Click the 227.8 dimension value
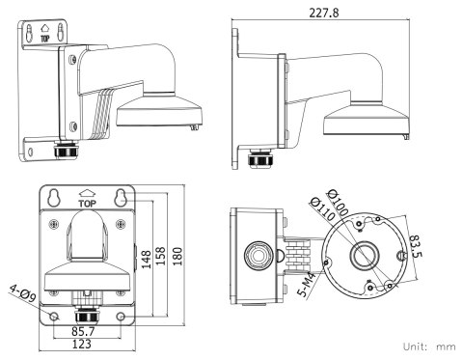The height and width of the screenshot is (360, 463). [x=325, y=13]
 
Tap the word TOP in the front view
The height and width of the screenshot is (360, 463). [x=89, y=206]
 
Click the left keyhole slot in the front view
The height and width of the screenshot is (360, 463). [x=57, y=198]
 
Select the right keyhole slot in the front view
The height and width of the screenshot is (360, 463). [x=120, y=198]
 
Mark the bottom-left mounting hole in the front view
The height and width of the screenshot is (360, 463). [x=56, y=316]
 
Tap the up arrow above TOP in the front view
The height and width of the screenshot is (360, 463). [x=89, y=193]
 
